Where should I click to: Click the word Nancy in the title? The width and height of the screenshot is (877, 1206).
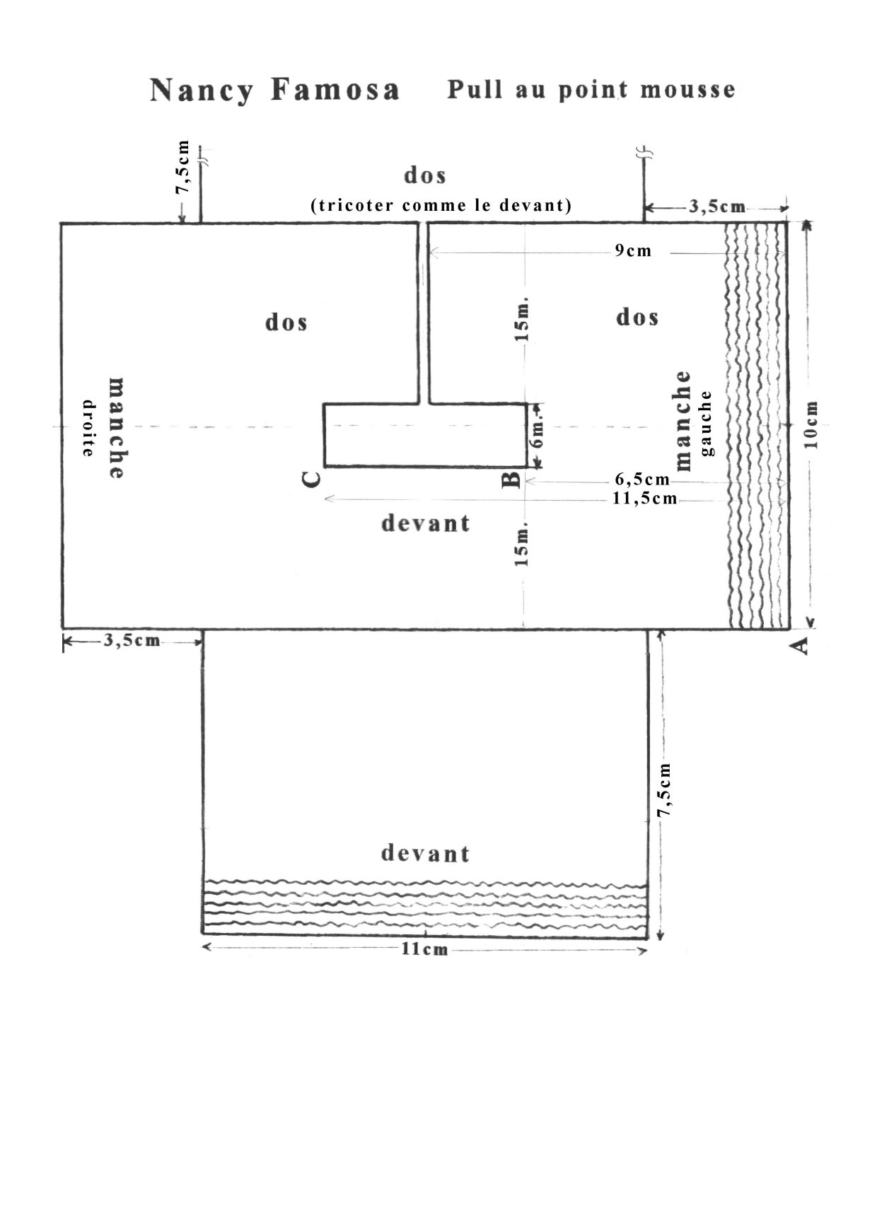coord(201,91)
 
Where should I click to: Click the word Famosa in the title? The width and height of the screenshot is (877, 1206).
coord(335,89)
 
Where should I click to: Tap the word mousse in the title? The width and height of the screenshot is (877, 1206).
coord(687,89)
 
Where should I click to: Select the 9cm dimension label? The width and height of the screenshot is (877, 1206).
coord(633,250)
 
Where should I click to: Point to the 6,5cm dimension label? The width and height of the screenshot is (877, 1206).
coord(642,479)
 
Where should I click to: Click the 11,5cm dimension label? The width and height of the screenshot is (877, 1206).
coord(644,498)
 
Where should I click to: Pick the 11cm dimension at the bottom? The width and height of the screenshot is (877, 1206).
coord(424,949)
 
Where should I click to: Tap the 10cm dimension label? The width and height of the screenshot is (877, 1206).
coord(811,425)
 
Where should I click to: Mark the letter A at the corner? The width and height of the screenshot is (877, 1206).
coord(801,645)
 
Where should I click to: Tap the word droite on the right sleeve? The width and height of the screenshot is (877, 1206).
coord(88,428)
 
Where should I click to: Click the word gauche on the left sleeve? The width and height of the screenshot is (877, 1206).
coord(706,424)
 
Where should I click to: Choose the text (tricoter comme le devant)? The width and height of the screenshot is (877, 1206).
coord(441,205)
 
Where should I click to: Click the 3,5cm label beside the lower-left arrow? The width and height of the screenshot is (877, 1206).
coord(132,640)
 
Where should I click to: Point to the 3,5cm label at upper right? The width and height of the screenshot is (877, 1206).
coord(717,207)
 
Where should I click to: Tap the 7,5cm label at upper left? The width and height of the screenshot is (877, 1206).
coord(183,168)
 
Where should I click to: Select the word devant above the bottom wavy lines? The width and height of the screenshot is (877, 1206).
coord(425,853)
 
